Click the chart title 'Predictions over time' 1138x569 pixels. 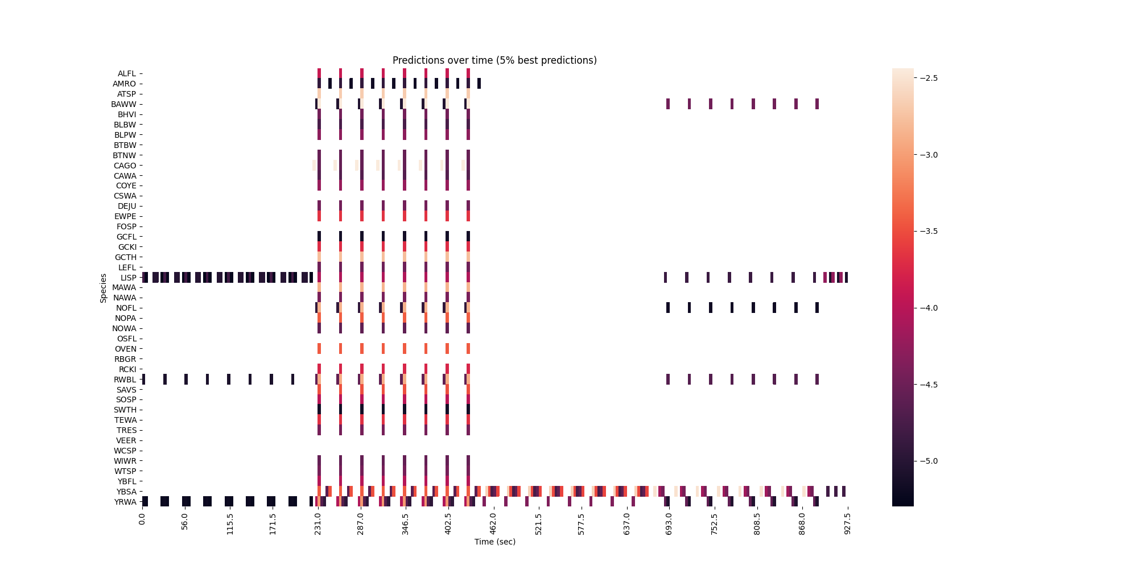pos(494,60)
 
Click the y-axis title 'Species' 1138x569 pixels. pos(104,288)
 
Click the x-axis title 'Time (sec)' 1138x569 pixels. pos(494,542)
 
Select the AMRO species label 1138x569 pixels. pos(125,84)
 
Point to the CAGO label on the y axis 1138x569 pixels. pos(125,166)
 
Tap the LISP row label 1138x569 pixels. pos(128,278)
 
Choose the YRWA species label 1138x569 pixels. pos(125,502)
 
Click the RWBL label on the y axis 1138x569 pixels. pos(125,380)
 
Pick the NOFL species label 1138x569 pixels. pos(126,308)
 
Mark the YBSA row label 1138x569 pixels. pos(126,492)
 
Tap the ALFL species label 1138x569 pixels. pos(127,74)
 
